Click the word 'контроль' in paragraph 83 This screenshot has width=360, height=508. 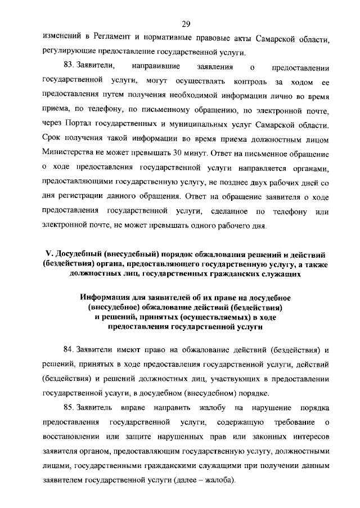pyautogui.click(x=224, y=81)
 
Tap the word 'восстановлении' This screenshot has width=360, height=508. pyautogui.click(x=70, y=437)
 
